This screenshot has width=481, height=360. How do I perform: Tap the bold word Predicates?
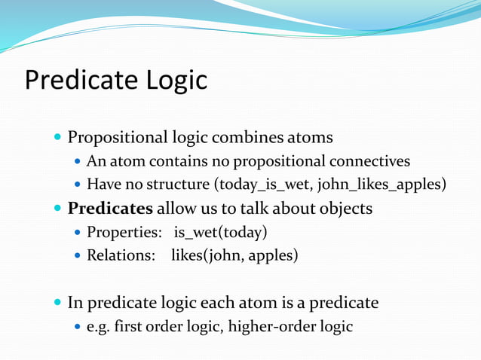point(110,208)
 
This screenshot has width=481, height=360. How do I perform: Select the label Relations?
point(121,255)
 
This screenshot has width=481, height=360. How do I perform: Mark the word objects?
point(346,208)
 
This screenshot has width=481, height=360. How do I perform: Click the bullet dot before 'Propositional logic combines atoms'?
point(58,139)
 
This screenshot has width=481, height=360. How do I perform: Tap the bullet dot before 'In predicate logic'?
point(58,304)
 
